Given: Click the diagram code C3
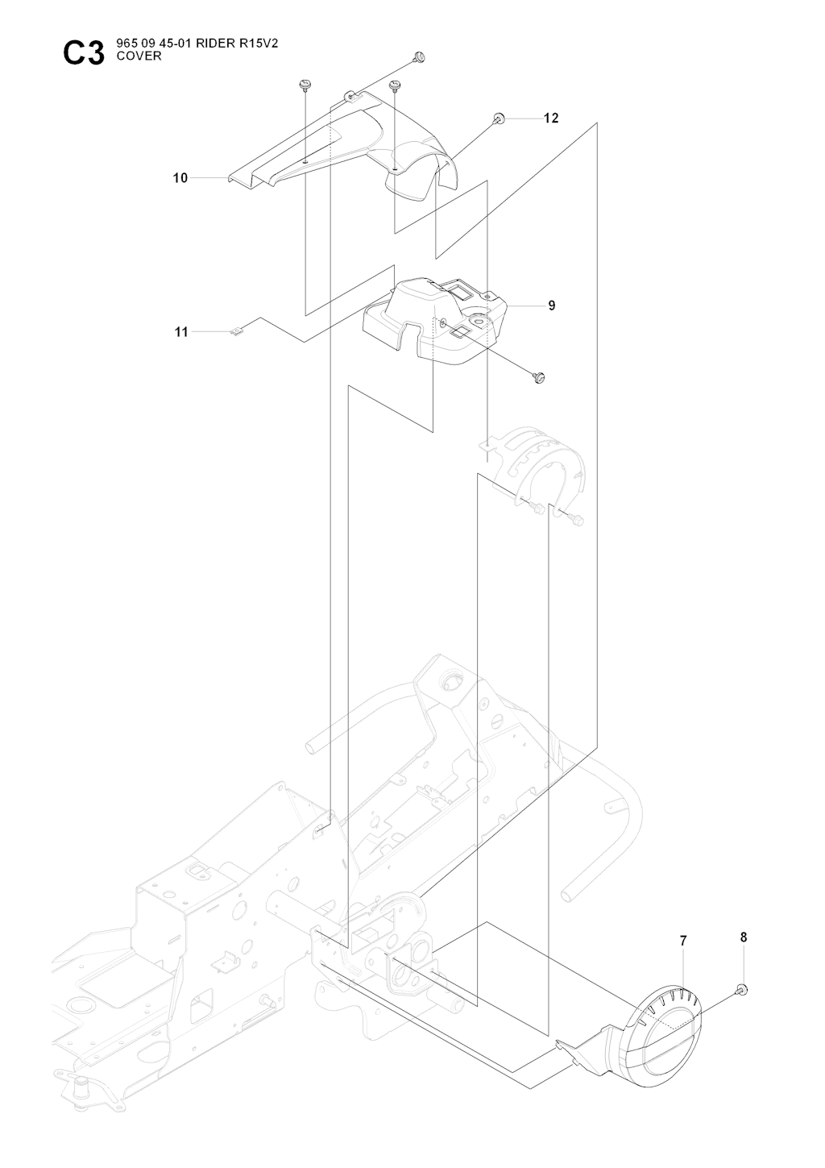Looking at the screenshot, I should (x=84, y=54).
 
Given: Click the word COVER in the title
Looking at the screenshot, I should (x=139, y=56).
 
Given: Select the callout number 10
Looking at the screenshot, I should (x=180, y=177).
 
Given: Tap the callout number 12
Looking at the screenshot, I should (x=551, y=118).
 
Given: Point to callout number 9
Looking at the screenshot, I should (x=551, y=306).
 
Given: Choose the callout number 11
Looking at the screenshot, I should (x=181, y=331).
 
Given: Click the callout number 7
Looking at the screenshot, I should (x=683, y=941).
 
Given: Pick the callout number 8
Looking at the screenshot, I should (x=743, y=937).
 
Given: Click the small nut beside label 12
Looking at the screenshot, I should (x=500, y=119).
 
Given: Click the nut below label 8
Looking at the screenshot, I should (x=742, y=990).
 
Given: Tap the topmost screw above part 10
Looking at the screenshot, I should (x=417, y=56).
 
